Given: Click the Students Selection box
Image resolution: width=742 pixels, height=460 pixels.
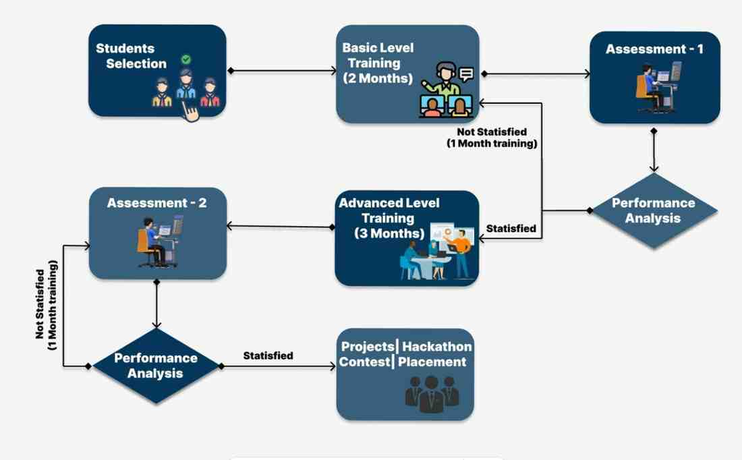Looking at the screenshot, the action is point(157,71).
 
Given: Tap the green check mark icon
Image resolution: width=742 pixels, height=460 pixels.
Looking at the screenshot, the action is point(186,59).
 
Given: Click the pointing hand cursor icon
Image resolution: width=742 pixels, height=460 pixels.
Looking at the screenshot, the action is point(190,112).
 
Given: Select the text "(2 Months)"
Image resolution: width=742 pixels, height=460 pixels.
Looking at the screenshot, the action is point(378,78).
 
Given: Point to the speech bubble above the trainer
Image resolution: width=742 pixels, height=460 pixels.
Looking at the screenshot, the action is point(466,74).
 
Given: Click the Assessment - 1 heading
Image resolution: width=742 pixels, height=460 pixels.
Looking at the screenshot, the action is point(654,49).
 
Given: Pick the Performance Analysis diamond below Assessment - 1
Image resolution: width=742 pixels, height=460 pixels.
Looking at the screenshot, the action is point(654,210).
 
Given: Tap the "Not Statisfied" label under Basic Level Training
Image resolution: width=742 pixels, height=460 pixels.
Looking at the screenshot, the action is point(492,132).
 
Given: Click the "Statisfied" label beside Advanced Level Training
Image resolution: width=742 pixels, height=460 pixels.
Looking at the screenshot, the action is point(511,229).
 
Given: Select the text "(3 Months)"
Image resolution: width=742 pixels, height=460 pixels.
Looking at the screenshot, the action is point(389,233).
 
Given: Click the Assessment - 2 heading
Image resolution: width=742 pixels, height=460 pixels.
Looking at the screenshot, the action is point(156,203).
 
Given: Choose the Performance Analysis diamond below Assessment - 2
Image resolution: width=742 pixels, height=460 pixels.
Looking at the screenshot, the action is point(156,366).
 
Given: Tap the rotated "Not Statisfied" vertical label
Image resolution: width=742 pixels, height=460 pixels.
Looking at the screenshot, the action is point(40,304).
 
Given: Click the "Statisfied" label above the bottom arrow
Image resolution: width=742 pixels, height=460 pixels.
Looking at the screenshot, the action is point(268,355).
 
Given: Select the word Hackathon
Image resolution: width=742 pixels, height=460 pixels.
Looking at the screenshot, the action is point(437,347).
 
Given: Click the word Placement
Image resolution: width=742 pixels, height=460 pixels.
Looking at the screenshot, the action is point(432,362).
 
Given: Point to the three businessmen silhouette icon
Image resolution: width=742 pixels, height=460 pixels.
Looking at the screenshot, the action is point(432,394).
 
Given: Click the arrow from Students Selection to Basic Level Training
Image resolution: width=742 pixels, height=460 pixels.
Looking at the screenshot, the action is point(282,71).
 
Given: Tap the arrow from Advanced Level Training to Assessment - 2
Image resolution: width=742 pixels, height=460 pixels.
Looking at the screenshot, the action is point(281,227).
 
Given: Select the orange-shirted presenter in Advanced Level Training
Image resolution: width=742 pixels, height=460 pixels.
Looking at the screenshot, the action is point(460,253).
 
